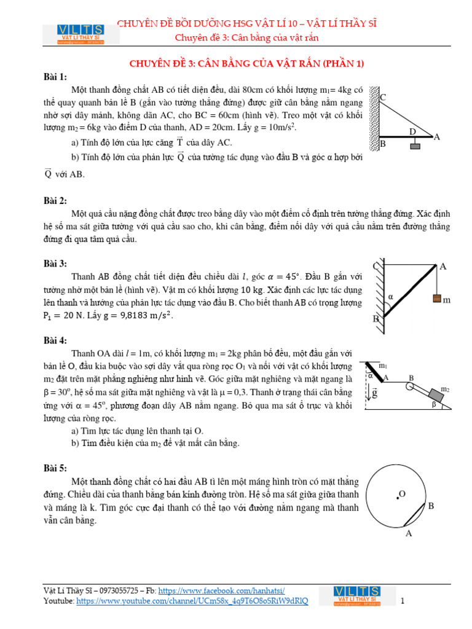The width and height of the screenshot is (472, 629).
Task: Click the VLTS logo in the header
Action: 81,33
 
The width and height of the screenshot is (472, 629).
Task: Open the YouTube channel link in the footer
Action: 192,600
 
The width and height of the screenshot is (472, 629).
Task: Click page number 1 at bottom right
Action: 402,601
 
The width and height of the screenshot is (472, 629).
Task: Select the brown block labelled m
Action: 437,299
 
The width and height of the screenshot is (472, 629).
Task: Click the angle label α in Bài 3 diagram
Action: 389,297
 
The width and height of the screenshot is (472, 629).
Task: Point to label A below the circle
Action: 408,534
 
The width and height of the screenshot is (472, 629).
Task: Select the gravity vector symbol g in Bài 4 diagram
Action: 374,392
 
